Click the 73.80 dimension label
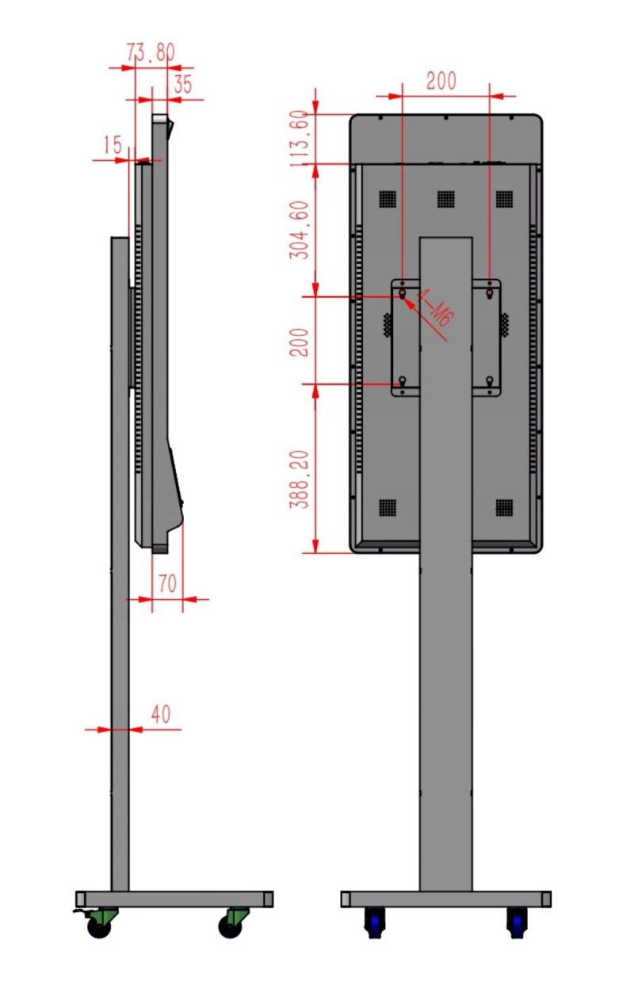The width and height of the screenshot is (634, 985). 151,52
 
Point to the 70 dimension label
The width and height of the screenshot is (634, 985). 167,583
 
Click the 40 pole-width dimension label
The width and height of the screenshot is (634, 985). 160,714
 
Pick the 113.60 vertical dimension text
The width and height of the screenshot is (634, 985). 299,139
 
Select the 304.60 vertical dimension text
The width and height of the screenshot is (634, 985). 299,230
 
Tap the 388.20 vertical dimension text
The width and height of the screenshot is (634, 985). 299,479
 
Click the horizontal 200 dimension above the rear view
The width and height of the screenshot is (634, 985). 441,81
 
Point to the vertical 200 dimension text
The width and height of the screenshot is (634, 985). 299,342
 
